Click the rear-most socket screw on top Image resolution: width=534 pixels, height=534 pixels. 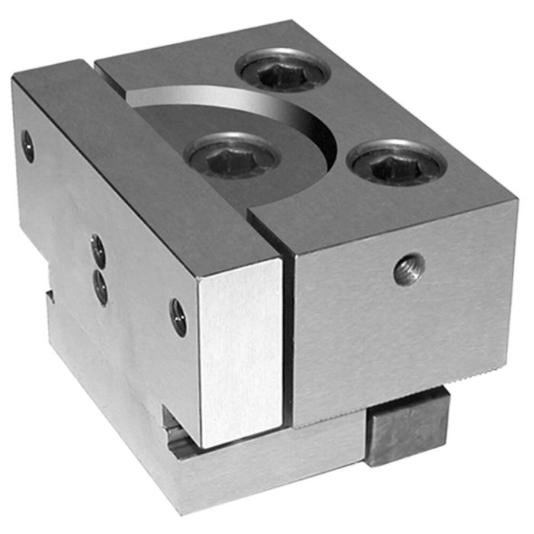[285, 72]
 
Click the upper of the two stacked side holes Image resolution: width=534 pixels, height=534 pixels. [98, 249]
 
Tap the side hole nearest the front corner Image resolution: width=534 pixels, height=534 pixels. [179, 317]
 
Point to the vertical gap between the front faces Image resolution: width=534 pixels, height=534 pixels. [287, 336]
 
